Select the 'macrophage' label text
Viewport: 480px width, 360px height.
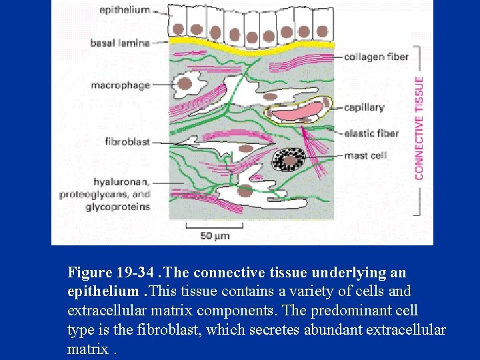(121, 85)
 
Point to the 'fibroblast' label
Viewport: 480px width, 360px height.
(127, 141)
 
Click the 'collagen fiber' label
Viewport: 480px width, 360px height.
(376, 57)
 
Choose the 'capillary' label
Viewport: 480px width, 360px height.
(364, 107)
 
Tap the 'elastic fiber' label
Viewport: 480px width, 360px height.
(371, 133)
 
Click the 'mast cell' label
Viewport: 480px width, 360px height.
(365, 156)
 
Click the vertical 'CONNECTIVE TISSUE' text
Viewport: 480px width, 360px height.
(419, 127)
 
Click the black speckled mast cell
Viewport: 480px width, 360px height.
(291, 160)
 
